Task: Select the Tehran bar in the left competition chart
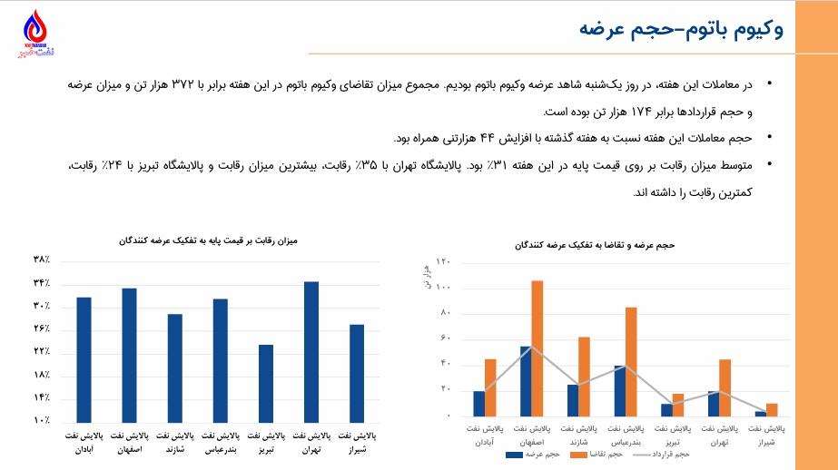tap(311, 351)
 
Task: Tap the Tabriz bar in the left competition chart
tap(265, 382)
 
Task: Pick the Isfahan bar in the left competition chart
tap(129, 354)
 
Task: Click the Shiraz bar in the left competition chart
tap(356, 372)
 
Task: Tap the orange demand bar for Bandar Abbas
tap(631, 361)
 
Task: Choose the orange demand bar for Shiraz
tap(772, 409)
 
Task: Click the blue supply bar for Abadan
tap(478, 403)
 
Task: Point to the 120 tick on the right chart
tap(444, 262)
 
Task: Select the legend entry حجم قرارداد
tap(667, 452)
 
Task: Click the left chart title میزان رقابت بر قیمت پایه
tap(208, 241)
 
